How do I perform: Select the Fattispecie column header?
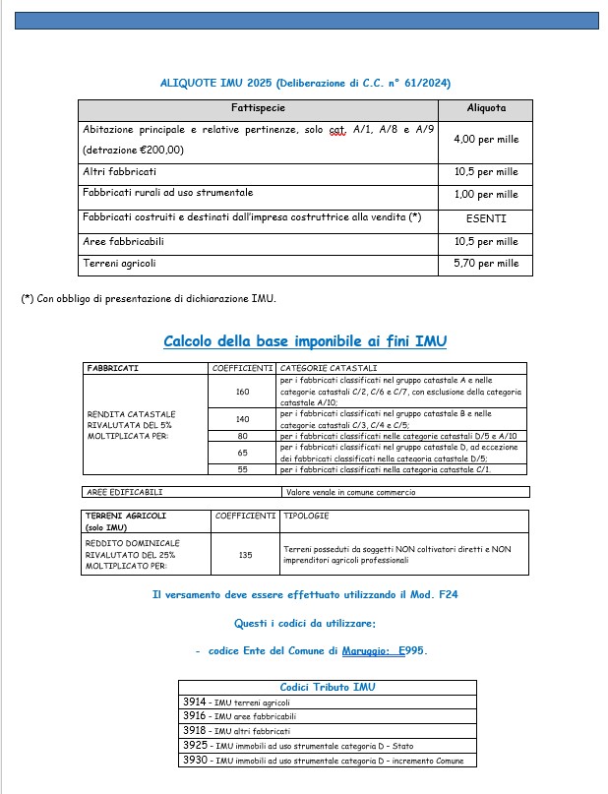coord(258,107)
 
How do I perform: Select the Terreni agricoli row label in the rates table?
coord(119,264)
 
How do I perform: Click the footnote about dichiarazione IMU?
coord(149,298)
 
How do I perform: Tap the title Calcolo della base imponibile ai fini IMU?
coord(305,341)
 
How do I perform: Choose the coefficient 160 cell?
coord(243,392)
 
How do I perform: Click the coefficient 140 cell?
coord(243,419)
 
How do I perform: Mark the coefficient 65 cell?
coord(243,453)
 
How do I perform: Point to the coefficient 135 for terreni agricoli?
coord(245,555)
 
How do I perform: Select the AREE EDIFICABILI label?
coord(124,491)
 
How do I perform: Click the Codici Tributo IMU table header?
coord(328,687)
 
